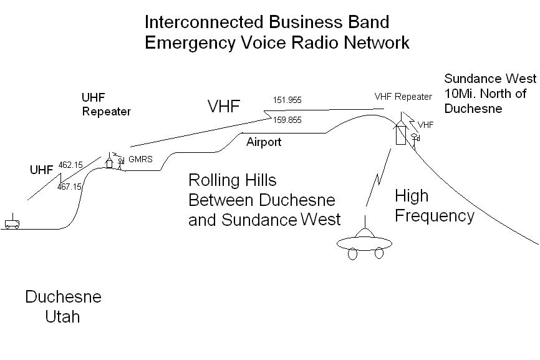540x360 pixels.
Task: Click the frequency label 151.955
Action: point(287,100)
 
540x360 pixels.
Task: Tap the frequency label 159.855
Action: point(287,120)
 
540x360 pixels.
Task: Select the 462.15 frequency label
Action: point(70,165)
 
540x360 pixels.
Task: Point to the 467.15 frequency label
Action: point(70,187)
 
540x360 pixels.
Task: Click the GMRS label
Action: point(140,159)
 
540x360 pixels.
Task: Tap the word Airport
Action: point(264,142)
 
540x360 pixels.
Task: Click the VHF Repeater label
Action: point(403,97)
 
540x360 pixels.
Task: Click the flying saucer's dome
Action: point(365,233)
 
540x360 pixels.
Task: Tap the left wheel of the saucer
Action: point(353,254)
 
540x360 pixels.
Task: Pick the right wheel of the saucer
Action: point(379,253)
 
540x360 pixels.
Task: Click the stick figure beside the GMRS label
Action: point(120,163)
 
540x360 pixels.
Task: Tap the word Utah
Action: point(63,316)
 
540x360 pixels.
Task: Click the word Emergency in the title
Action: point(190,42)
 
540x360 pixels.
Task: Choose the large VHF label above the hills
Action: point(224,106)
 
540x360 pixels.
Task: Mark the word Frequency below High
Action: point(435,216)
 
